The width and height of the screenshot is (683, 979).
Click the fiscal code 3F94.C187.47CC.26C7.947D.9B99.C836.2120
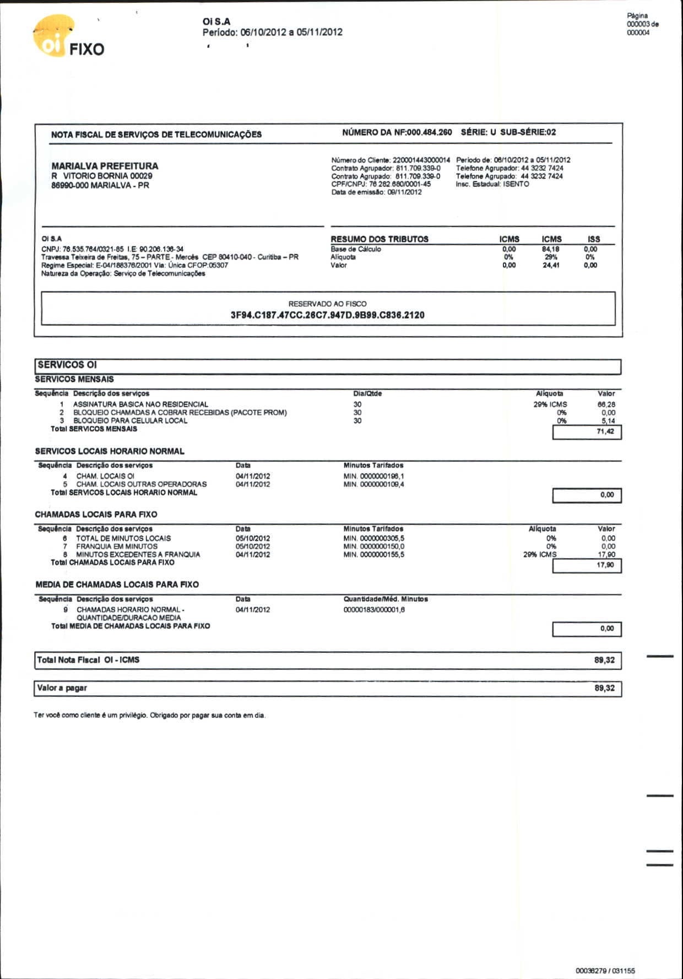click(327, 315)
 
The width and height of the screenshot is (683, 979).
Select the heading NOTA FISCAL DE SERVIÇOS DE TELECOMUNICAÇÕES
click(156, 134)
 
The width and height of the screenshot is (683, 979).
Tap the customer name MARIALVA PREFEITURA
click(105, 166)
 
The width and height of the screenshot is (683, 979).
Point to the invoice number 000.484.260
click(429, 132)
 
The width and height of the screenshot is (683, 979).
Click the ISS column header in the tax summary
click(593, 239)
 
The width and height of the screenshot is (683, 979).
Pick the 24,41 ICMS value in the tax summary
click(551, 265)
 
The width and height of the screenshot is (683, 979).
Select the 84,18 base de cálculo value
click(551, 249)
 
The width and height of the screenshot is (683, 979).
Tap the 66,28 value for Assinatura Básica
click(606, 404)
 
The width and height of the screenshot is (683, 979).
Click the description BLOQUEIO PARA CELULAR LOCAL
click(130, 421)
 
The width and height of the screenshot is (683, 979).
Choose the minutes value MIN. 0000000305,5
click(373, 538)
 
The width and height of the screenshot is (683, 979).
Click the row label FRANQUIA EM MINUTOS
click(116, 547)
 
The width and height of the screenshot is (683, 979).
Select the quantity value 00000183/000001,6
click(374, 610)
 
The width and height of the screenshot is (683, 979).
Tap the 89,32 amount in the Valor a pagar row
click(604, 688)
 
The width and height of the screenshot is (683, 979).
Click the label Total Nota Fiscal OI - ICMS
click(88, 660)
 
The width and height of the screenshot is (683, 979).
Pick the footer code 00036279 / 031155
click(605, 971)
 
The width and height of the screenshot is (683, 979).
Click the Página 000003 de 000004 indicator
click(642, 24)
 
